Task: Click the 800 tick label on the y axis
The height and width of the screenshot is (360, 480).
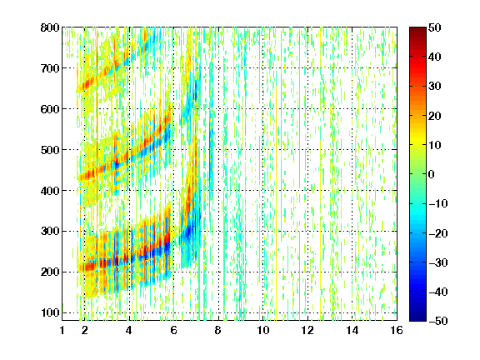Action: (x=50, y=27)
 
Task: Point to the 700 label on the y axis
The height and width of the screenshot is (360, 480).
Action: (x=50, y=68)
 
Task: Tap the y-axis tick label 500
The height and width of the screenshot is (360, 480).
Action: (x=50, y=150)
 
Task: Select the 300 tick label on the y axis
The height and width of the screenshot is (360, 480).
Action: (x=50, y=232)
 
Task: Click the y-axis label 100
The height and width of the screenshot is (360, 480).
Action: (x=50, y=312)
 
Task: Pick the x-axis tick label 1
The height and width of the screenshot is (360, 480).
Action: (x=62, y=330)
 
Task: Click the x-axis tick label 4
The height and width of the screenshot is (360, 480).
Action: (x=129, y=330)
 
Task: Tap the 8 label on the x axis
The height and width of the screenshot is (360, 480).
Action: (x=217, y=330)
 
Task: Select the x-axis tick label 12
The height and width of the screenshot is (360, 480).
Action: (x=307, y=330)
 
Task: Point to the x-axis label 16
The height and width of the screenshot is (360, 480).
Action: (x=397, y=330)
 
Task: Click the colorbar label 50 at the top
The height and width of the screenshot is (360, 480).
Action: (x=434, y=27)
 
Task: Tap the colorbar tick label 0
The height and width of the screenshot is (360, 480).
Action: (x=432, y=174)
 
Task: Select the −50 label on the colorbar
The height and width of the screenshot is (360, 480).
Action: (x=438, y=321)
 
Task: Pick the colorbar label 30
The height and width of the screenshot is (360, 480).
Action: (x=434, y=87)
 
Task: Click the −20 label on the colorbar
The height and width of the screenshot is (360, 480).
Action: (x=438, y=233)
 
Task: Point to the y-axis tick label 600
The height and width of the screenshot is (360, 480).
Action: (x=50, y=109)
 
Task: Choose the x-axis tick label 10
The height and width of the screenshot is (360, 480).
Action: (x=263, y=330)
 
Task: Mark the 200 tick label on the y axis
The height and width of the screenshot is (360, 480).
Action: (x=50, y=272)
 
